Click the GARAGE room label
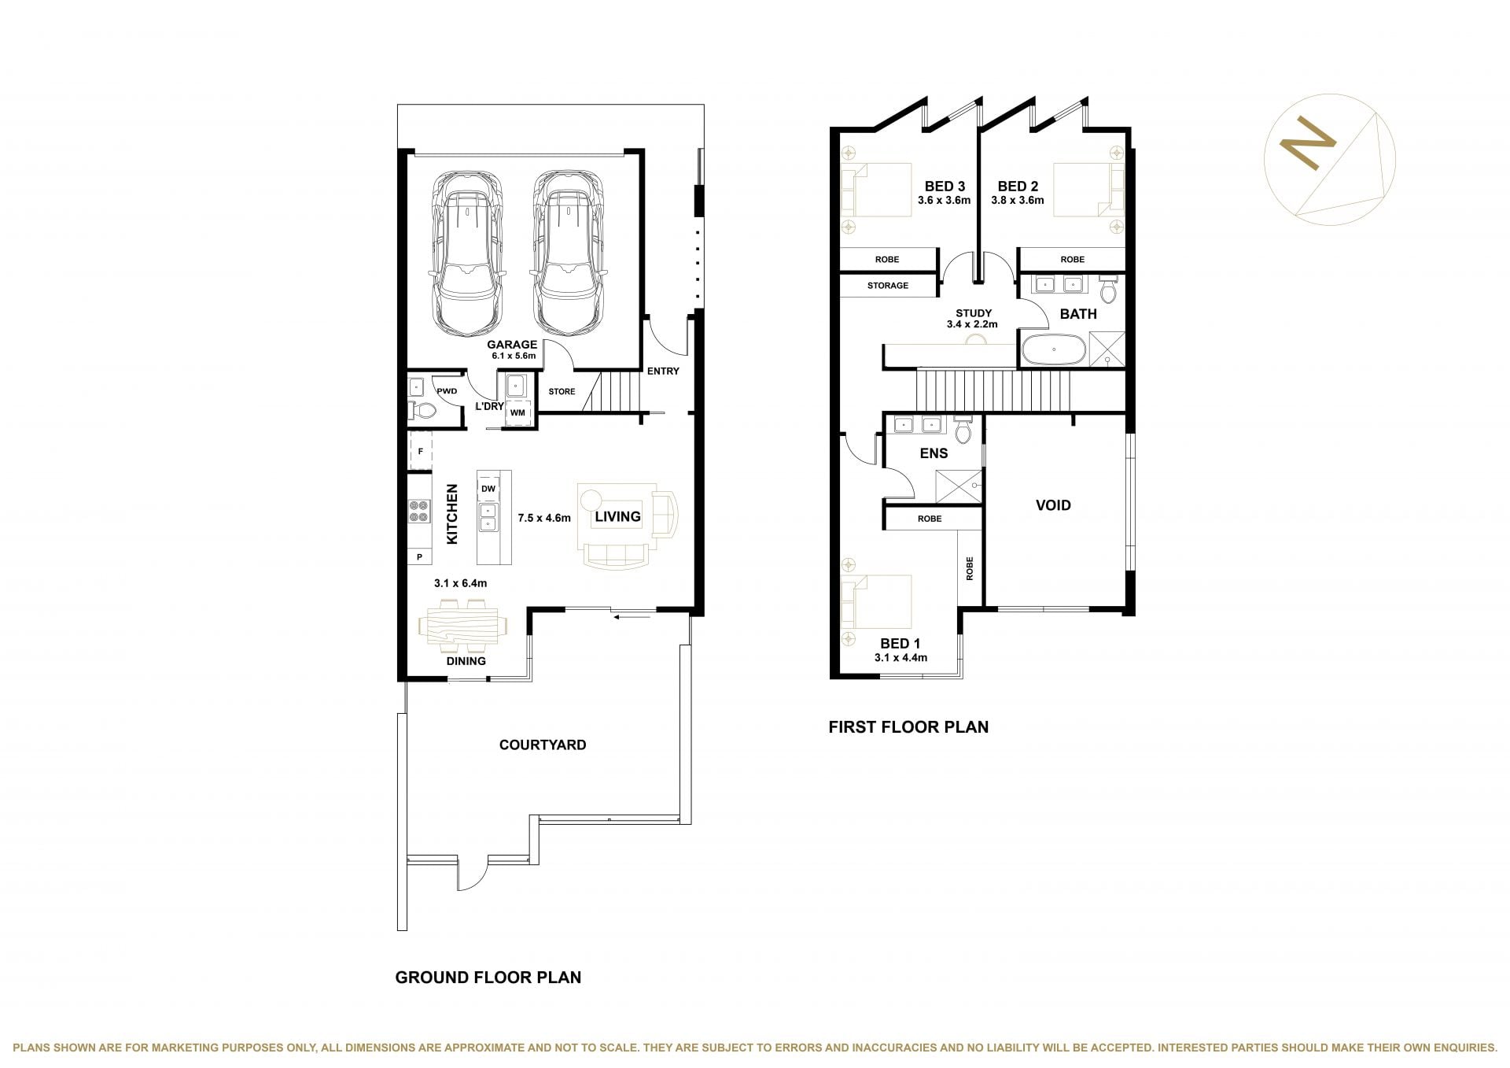point(512,344)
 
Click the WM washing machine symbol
point(517,412)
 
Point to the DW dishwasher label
point(488,489)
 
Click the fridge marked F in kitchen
point(421,451)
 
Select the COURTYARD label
point(543,745)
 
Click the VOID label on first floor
point(1053,505)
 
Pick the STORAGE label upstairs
point(888,286)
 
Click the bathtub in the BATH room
point(1053,350)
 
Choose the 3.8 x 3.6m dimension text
point(1018,200)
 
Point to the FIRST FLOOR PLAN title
point(908,727)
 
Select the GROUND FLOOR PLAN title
point(488,977)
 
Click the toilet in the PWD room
point(423,410)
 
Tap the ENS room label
point(934,453)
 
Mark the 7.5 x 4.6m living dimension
point(544,518)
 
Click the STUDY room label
point(974,313)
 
